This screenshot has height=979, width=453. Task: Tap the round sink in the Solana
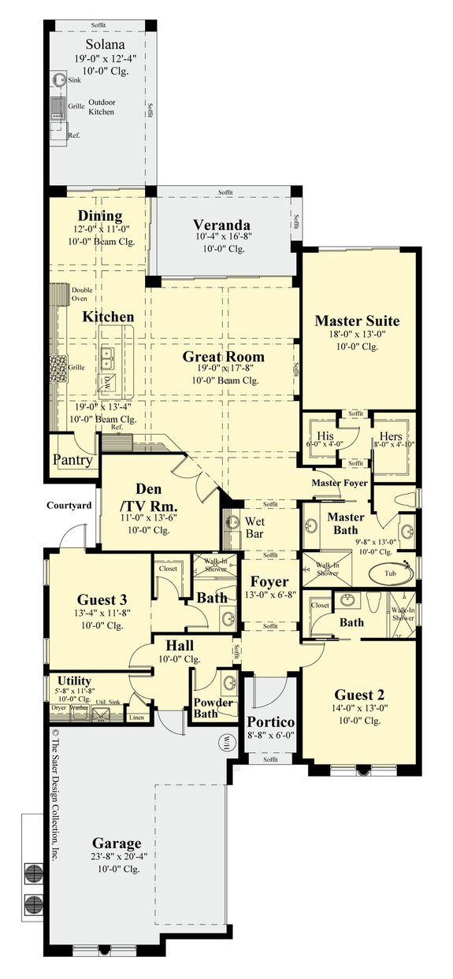pos(59,80)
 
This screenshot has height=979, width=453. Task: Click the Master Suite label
pos(357,321)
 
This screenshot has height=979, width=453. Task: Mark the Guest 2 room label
pos(358,694)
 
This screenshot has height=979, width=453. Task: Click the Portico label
pos(270,721)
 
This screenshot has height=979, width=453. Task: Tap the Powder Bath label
pos(214,708)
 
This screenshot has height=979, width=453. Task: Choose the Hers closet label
pos(392,436)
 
